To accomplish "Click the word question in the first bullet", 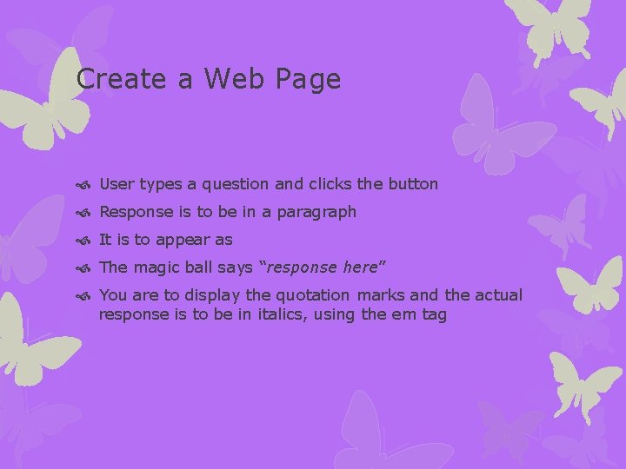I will [x=238, y=184].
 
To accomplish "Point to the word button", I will [x=410, y=184].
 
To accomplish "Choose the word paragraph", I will [x=316, y=212].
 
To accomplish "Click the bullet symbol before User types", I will [x=83, y=185].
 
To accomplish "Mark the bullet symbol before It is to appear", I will [x=83, y=241].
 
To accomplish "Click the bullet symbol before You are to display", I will [x=83, y=296].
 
